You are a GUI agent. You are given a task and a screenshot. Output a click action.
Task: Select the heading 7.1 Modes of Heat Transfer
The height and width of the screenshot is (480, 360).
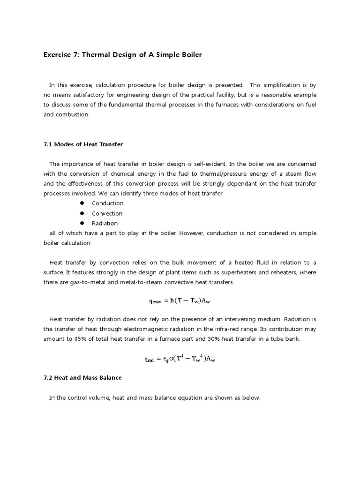(83, 144)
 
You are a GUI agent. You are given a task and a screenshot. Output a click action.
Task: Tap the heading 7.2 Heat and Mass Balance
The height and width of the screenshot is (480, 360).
(82, 377)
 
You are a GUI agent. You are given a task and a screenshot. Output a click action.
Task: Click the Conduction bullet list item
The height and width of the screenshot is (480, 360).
(107, 203)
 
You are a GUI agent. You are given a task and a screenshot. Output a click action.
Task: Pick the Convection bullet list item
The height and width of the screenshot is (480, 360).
(107, 213)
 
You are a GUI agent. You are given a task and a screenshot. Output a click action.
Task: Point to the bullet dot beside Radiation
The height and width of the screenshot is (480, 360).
(81, 223)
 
